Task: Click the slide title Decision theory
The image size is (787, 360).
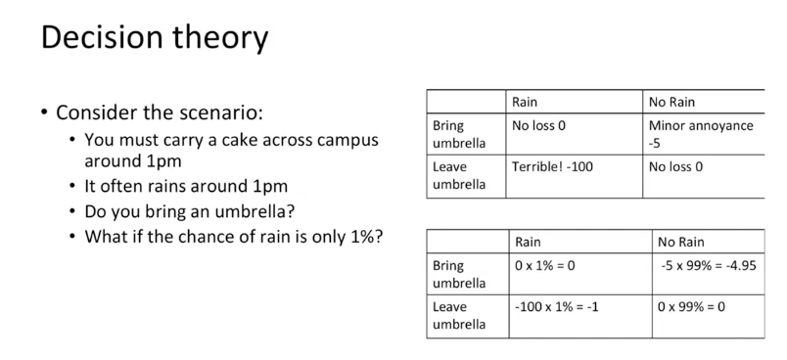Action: pos(155,38)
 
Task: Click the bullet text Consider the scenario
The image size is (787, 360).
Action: pos(160,112)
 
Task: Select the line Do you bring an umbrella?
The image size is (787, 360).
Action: pos(189,211)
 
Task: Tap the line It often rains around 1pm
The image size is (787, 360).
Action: pos(186,187)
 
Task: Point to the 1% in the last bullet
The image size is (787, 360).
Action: pos(360,236)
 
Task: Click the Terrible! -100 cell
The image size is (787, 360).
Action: pos(552,166)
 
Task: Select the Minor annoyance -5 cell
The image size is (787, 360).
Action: pos(701,134)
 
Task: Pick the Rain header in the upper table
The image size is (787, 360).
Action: pos(525,103)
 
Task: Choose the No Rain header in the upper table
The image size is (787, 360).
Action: pos(671,103)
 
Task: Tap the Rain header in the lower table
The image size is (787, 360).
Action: pos(528,243)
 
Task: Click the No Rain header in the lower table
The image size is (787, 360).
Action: pos(681,243)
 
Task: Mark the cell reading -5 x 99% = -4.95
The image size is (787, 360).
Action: pos(708,266)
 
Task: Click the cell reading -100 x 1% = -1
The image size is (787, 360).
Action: pos(557,306)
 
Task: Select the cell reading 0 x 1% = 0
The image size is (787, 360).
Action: pos(544,266)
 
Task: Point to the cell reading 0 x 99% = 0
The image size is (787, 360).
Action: pos(691,306)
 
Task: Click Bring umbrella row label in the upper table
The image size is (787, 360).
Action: pos(459,134)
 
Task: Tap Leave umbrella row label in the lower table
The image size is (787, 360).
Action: pos(459,315)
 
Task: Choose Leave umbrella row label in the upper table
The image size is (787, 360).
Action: pos(459,175)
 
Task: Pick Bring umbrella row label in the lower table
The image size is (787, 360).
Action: pos(459,274)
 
